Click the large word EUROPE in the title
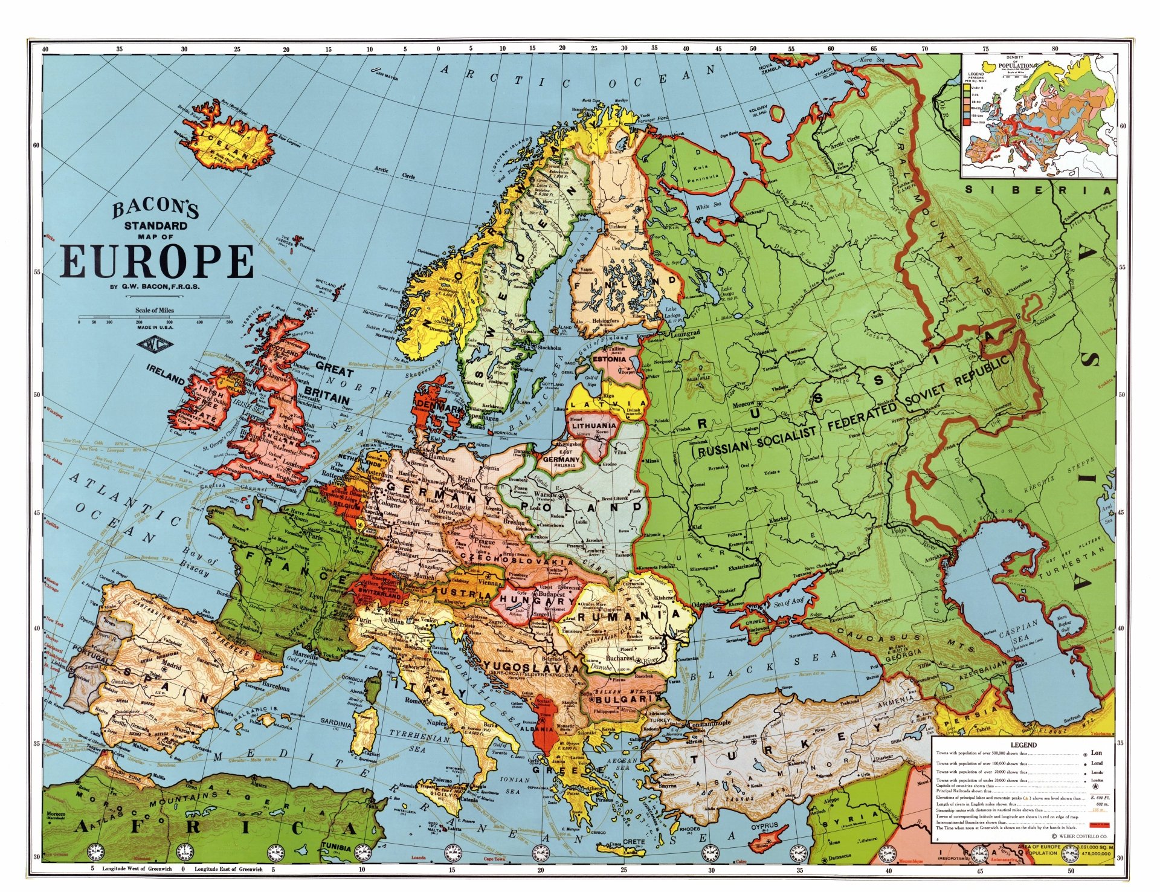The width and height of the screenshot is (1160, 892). click(x=158, y=262)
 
